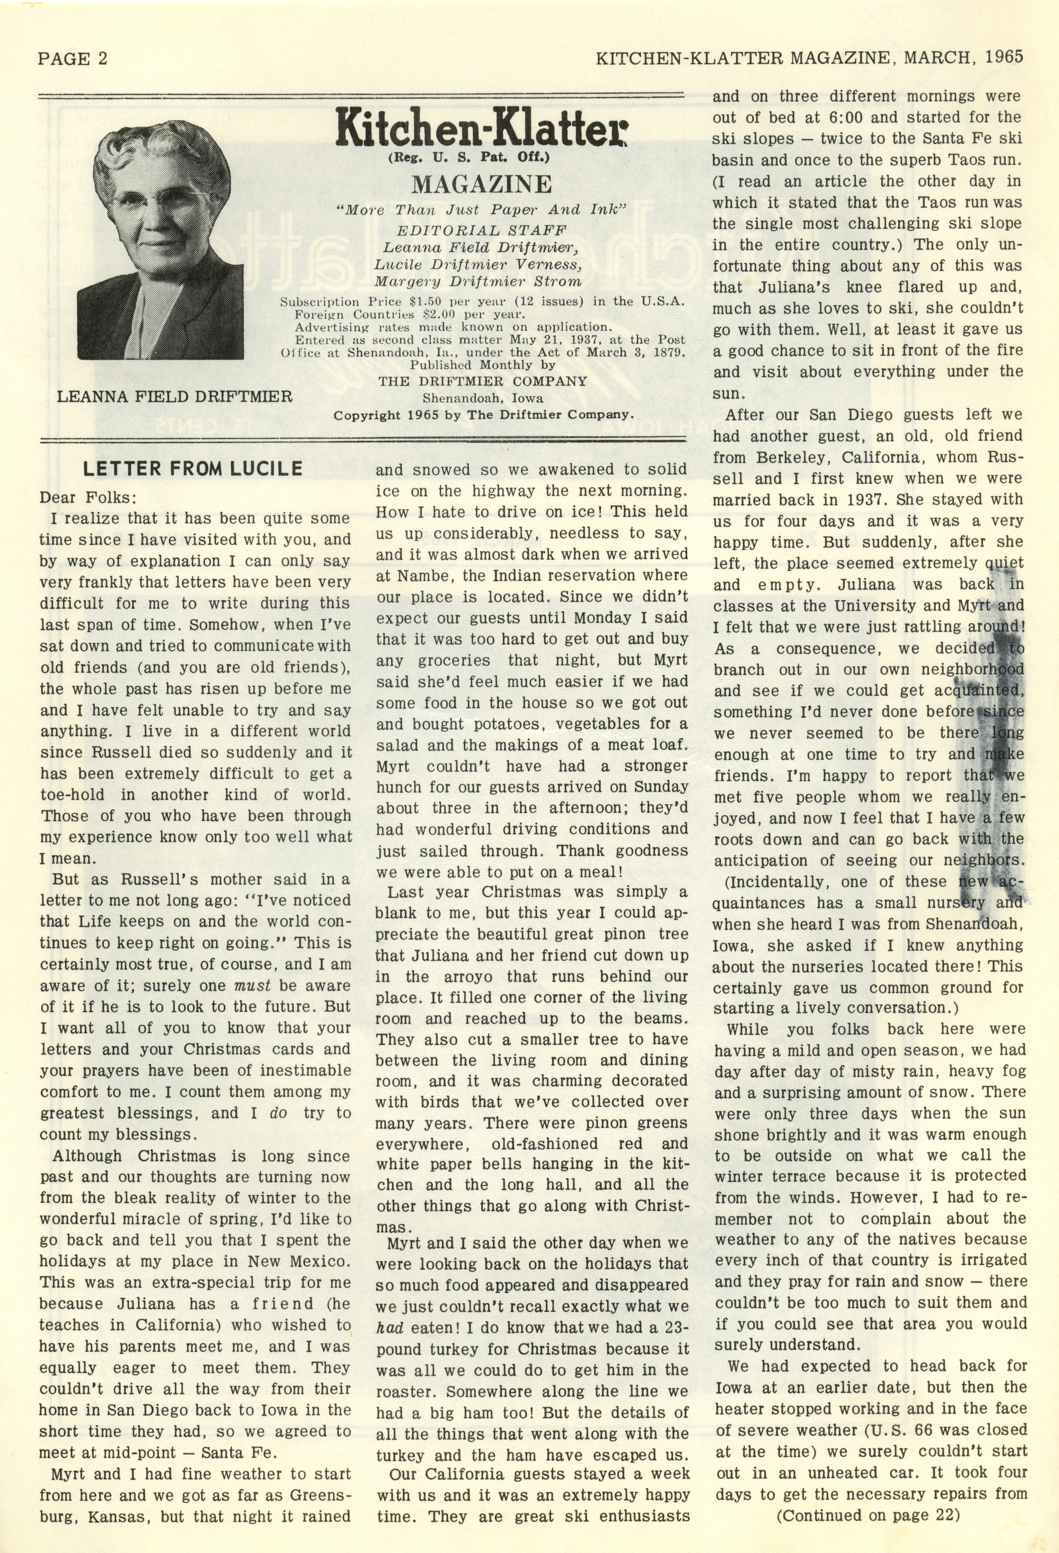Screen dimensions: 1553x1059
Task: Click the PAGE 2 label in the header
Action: click(72, 59)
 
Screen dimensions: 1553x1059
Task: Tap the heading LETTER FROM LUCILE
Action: click(193, 469)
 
